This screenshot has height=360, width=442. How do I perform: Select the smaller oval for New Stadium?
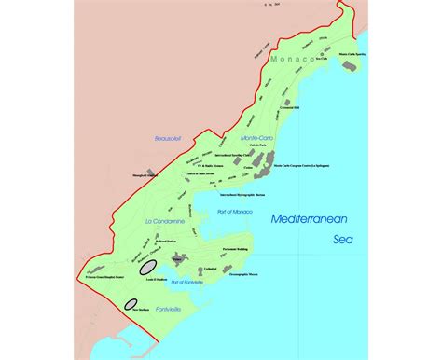[x=132, y=301]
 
